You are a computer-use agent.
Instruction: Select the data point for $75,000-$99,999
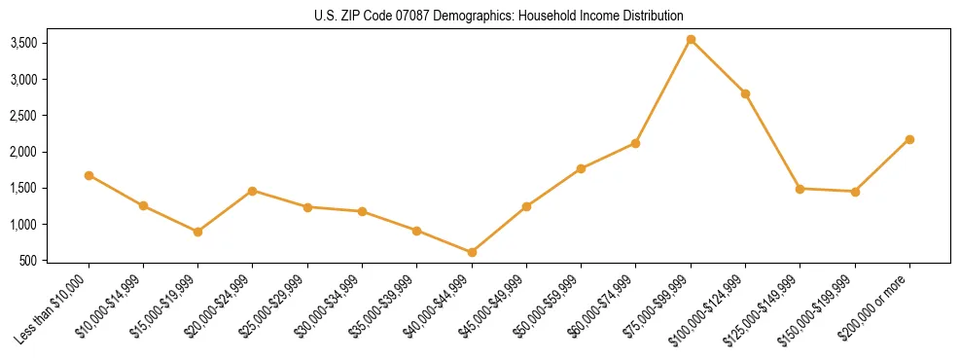[x=691, y=40]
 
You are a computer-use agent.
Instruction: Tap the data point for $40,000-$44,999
[x=472, y=252]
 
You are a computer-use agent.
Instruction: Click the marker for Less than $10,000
[x=89, y=175]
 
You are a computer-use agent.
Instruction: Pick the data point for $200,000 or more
[x=909, y=139]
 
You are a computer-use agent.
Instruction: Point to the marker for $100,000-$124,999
[x=745, y=93]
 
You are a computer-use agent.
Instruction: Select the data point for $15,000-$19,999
[x=197, y=232]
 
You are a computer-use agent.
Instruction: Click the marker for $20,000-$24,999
[x=253, y=191]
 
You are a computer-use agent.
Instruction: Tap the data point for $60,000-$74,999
[x=635, y=143]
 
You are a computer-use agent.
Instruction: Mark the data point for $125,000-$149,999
[x=800, y=189]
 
